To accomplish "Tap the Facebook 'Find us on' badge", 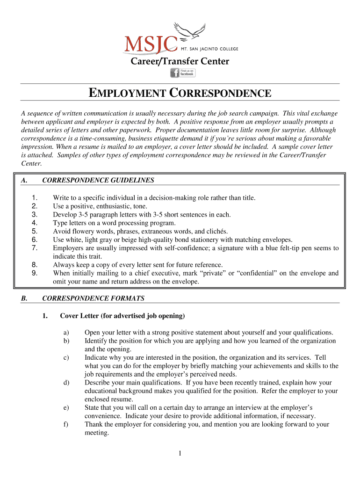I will pos(182,73).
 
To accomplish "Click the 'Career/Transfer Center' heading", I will pos(180,61).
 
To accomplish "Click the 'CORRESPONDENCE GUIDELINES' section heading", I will pos(98,180).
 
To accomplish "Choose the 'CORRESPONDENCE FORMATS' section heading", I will pos(93,298).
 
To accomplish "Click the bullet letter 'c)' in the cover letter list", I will pos(66,357).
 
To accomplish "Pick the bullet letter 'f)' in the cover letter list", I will pos(66,424).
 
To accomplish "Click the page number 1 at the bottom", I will pos(180,453).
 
